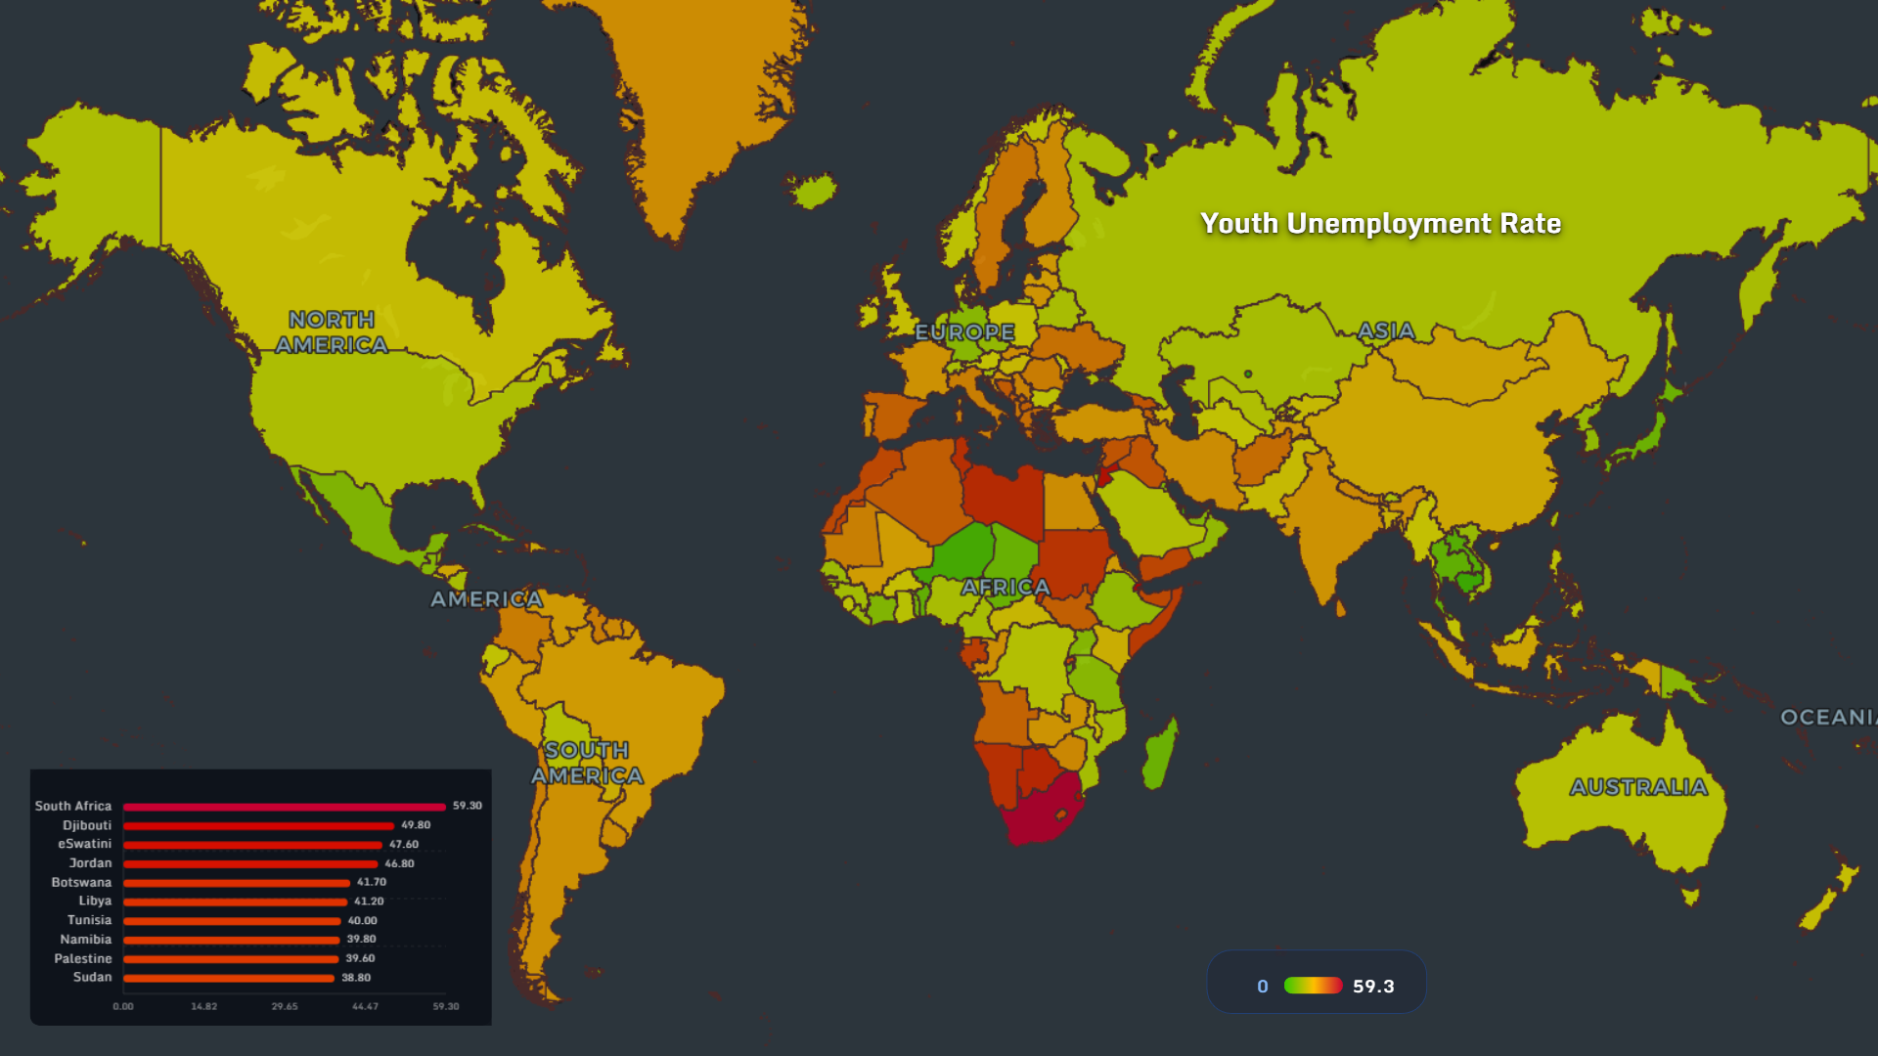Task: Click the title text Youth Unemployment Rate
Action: click(1380, 224)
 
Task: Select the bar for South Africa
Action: click(284, 807)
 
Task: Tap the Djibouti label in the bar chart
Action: click(87, 825)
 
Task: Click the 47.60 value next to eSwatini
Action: click(404, 845)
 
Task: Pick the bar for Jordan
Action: click(250, 864)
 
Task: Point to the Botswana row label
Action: click(81, 883)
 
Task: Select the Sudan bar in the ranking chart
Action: click(229, 978)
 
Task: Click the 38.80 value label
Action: click(356, 978)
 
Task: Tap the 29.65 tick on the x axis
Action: click(285, 1006)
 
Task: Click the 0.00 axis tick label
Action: click(123, 1006)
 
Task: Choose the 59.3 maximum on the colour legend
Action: click(1373, 987)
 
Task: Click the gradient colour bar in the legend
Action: click(1313, 986)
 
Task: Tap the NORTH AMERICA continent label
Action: click(332, 332)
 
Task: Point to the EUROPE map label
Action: click(964, 332)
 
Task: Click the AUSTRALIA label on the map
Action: click(1638, 787)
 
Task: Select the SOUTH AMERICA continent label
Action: click(587, 763)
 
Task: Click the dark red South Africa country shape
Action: click(1042, 812)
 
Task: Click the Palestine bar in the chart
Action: click(231, 959)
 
